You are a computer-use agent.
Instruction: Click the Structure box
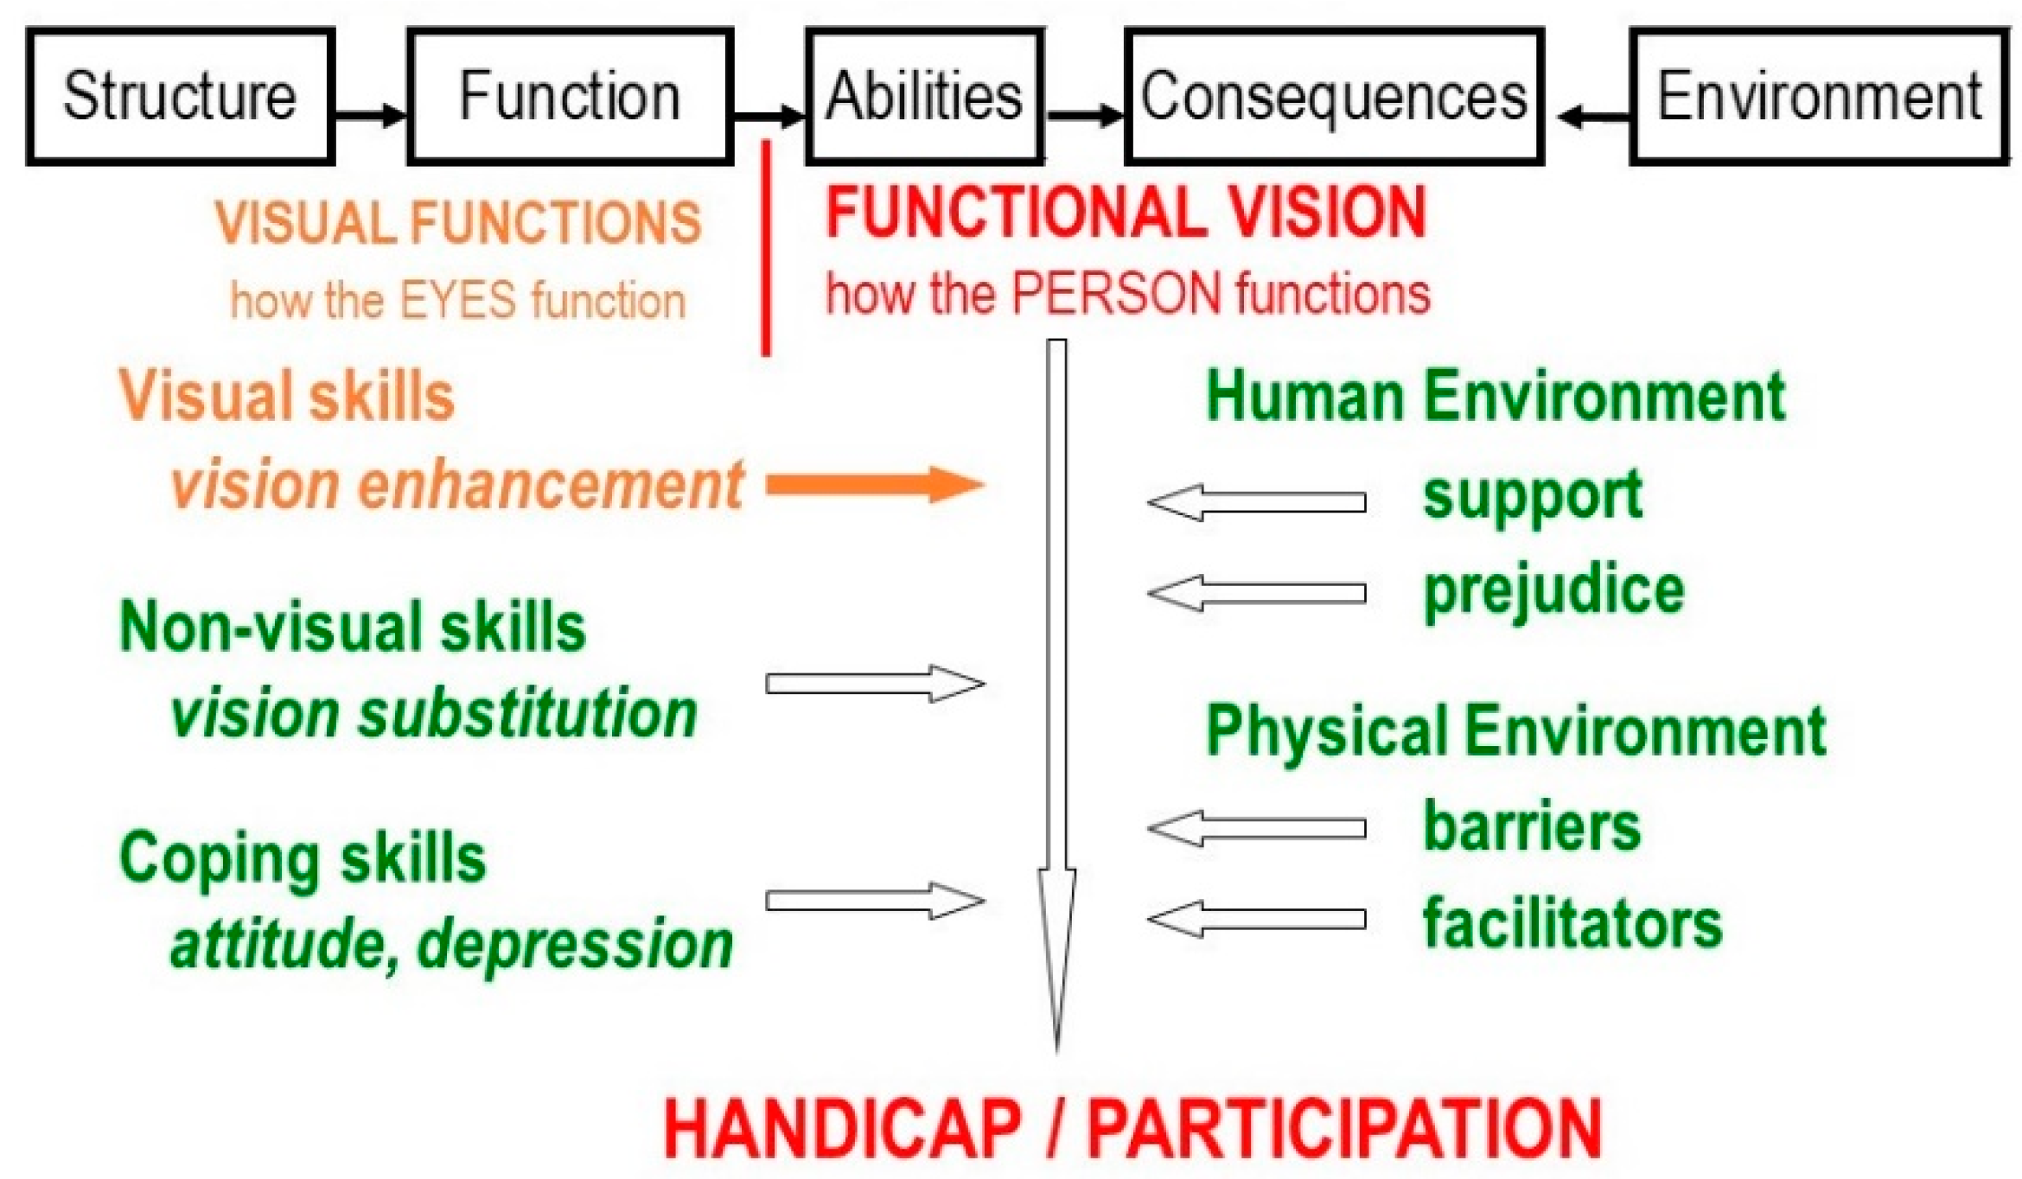(x=181, y=96)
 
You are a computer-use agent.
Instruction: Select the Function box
(x=571, y=96)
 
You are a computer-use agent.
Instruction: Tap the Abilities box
(x=924, y=96)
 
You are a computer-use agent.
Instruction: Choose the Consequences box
(x=1334, y=96)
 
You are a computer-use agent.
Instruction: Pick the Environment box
(x=1819, y=96)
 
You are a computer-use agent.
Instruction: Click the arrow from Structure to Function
(x=371, y=114)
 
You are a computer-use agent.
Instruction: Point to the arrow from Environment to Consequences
(x=1593, y=117)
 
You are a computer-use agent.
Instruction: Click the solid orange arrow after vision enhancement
(x=875, y=484)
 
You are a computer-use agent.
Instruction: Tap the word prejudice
(x=1553, y=593)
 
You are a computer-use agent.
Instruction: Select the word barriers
(x=1531, y=827)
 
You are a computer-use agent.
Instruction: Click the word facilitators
(x=1572, y=923)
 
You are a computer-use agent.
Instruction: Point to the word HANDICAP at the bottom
(x=843, y=1128)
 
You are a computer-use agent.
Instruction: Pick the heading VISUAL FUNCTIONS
(x=458, y=223)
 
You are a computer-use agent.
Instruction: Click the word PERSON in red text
(x=1115, y=293)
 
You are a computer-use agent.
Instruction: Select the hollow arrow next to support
(x=1256, y=502)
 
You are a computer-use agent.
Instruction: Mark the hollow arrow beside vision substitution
(x=875, y=684)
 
